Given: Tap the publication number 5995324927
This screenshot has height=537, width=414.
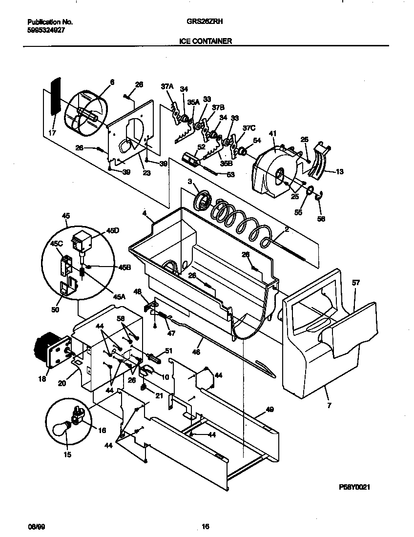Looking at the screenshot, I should (46, 30).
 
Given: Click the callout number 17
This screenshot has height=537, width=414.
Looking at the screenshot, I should (53, 133).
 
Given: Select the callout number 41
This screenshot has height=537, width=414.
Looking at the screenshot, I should (272, 133).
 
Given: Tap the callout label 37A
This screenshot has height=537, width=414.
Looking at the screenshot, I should (167, 86).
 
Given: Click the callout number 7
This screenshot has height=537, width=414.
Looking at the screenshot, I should (329, 405).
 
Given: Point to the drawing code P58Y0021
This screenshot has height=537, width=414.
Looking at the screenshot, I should (358, 487).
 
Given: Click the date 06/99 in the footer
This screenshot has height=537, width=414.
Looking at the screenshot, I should (33, 526).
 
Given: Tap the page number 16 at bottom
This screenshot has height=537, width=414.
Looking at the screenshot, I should (206, 526).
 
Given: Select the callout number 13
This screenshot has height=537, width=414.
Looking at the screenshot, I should (340, 171).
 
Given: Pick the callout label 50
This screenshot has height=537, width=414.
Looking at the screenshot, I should (55, 310).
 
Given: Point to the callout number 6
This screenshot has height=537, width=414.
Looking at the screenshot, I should (112, 83).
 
